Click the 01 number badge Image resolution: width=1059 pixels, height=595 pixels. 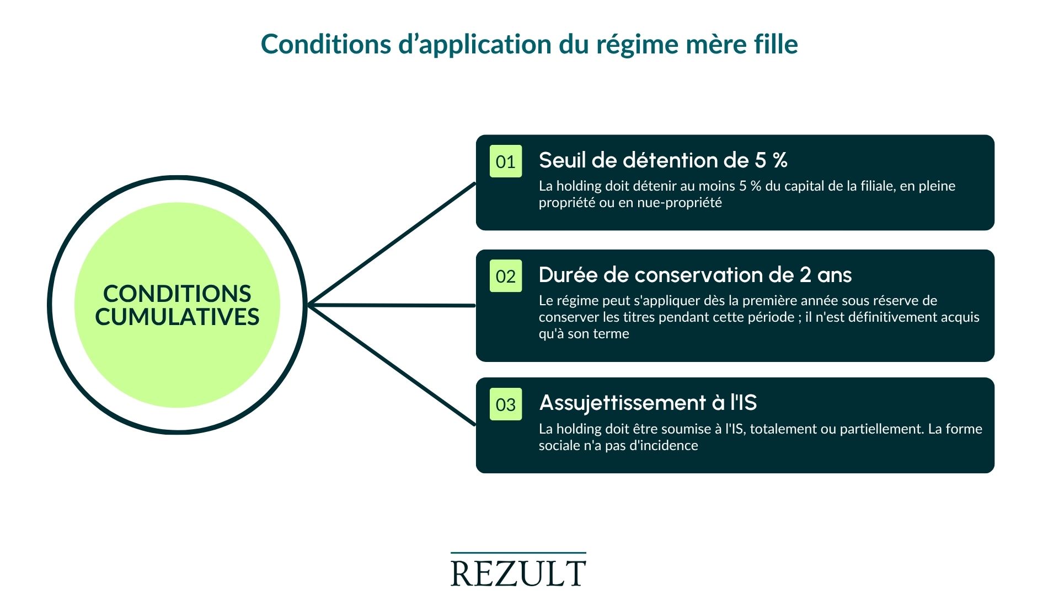[505, 161]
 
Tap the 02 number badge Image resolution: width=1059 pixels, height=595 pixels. [505, 276]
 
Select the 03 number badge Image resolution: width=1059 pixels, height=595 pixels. [505, 404]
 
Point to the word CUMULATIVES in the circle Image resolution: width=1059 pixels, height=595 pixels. [177, 317]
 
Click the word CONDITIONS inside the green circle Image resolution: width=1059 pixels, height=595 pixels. [177, 294]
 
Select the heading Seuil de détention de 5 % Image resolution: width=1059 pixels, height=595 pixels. [662, 160]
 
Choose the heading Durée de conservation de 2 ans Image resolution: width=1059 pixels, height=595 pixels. [695, 275]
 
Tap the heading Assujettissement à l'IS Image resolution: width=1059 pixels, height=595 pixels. [648, 403]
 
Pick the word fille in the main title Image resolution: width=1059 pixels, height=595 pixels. [776, 44]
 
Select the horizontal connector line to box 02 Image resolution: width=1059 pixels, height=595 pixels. [392, 305]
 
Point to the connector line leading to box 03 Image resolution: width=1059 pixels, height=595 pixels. [392, 365]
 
